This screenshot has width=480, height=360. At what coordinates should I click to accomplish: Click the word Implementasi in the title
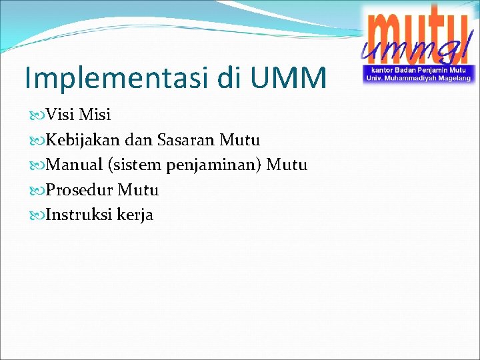point(117,78)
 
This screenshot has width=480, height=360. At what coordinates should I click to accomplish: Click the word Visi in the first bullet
point(60,115)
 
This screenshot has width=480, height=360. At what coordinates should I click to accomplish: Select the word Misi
point(95,115)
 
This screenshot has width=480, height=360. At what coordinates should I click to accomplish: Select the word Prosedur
point(79,190)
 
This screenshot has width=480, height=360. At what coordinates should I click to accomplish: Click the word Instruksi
point(79,215)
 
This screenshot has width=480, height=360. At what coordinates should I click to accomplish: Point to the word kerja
point(135,215)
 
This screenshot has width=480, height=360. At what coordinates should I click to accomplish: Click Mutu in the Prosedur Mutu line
point(138,190)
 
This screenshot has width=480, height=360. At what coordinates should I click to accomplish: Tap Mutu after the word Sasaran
point(239,140)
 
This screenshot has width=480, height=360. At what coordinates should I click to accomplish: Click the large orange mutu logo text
point(417,30)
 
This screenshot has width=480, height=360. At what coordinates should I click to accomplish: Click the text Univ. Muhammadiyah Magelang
point(417,78)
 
